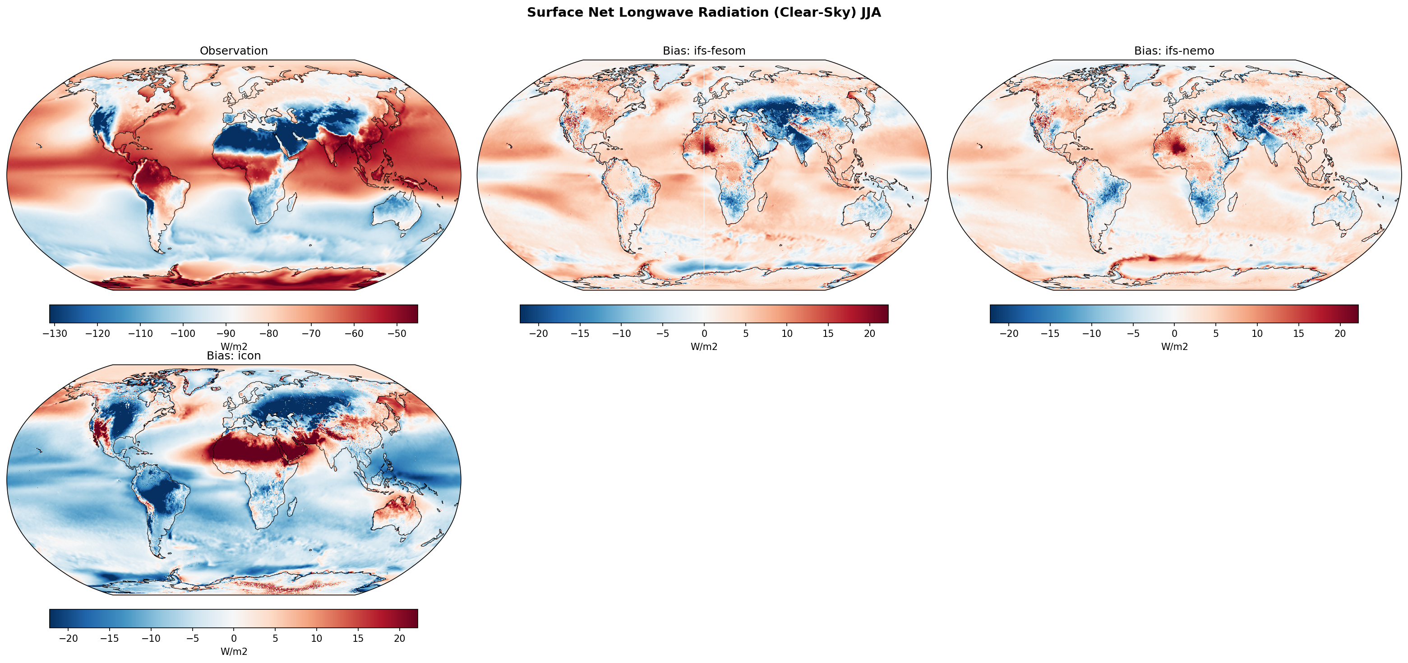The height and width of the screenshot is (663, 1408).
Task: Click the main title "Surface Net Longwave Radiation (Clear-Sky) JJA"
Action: pos(703,13)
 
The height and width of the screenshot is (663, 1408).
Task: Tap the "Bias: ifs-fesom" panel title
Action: pos(704,51)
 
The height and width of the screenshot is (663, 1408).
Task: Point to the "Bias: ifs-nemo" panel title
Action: pos(1174,51)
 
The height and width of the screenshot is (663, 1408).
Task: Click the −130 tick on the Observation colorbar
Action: pos(55,333)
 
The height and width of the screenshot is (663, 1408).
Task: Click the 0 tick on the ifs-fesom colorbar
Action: pos(704,333)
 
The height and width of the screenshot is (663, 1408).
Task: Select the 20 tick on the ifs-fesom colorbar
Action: pos(869,333)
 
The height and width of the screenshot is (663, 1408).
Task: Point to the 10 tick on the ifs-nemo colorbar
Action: pos(1257,333)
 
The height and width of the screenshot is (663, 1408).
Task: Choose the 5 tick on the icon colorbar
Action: pos(275,638)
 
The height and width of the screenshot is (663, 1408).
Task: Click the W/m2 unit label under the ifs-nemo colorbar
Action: pos(1174,346)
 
